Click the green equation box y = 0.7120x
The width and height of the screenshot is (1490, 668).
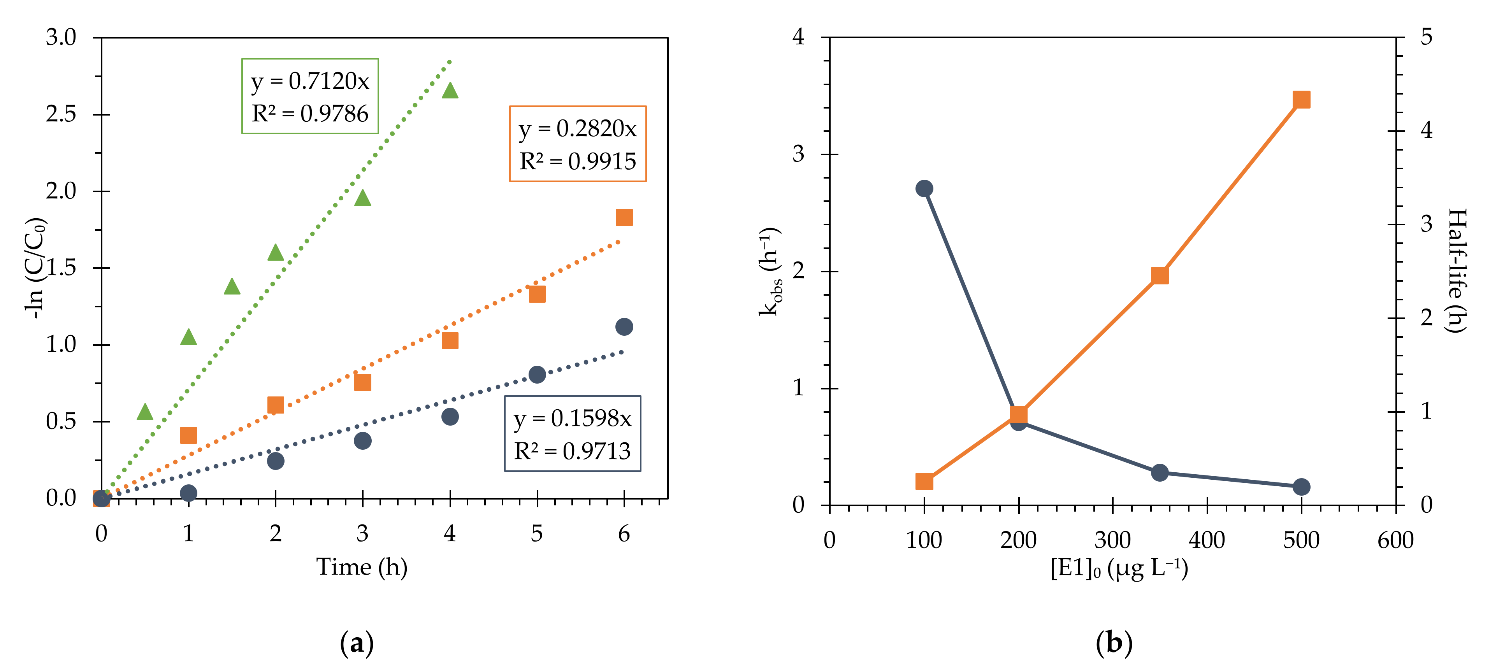(x=310, y=96)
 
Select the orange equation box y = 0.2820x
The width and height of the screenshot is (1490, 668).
(x=577, y=144)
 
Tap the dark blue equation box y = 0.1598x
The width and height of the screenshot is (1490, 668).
(x=572, y=434)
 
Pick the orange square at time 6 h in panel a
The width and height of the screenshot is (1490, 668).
(x=624, y=217)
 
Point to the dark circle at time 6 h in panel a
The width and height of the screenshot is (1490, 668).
(x=624, y=327)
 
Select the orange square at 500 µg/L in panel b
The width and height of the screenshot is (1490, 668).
(x=1301, y=100)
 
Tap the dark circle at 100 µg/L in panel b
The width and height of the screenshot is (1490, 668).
(x=924, y=189)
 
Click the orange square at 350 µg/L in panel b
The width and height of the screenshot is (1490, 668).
(x=1159, y=275)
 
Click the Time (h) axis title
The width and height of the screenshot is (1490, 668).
(x=362, y=567)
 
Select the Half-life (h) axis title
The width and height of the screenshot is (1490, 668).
(x=1456, y=271)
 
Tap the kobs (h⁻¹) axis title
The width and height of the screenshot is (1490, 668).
(x=770, y=272)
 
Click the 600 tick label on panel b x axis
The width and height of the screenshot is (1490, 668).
(x=1395, y=540)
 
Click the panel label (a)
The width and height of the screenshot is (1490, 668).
(x=357, y=643)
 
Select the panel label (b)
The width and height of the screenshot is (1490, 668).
(x=1114, y=643)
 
